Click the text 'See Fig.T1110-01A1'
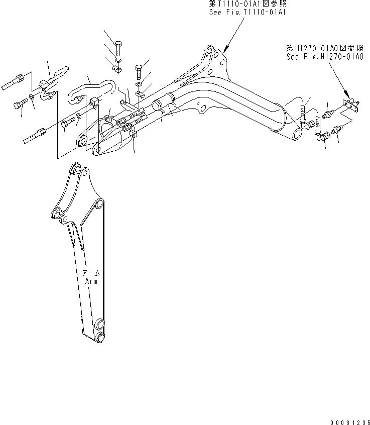[248, 12]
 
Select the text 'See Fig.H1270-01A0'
[324, 57]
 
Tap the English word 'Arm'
[91, 281]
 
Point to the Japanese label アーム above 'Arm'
[91, 273]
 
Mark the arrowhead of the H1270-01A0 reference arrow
[347, 96]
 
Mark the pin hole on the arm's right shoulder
[100, 204]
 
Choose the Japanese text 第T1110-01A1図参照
[248, 4]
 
